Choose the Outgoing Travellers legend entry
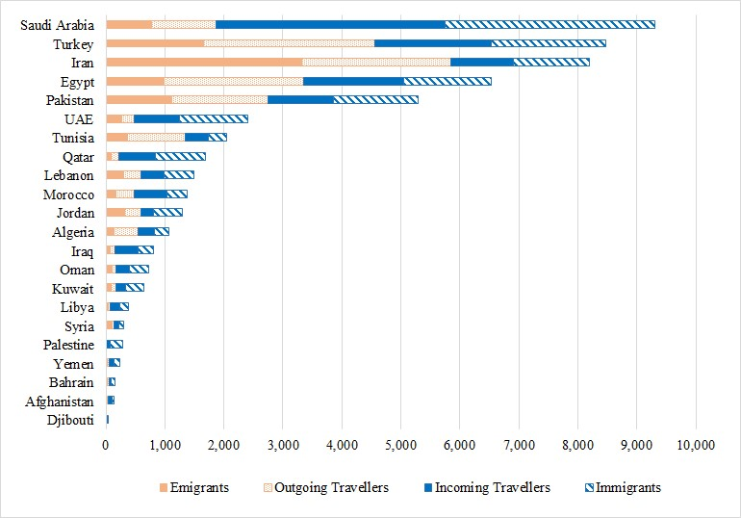tap(327, 488)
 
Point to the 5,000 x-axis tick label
tap(400, 446)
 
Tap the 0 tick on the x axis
tap(106, 446)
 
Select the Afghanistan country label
tap(61, 401)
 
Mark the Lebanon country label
tap(68, 175)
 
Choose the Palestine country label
tap(67, 345)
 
